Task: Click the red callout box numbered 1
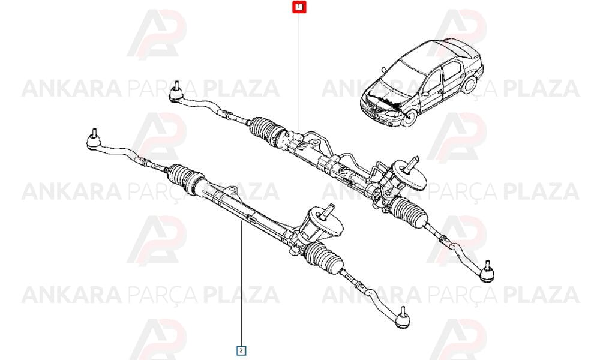click(299, 7)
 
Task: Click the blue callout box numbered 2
click(241, 350)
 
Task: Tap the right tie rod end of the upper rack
click(487, 272)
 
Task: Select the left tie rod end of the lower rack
click(94, 140)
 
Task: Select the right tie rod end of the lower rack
click(402, 317)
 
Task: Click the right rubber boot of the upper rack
click(409, 212)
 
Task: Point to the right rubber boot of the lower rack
click(324, 259)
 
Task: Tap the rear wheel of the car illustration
click(470, 84)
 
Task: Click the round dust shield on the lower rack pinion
click(325, 223)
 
